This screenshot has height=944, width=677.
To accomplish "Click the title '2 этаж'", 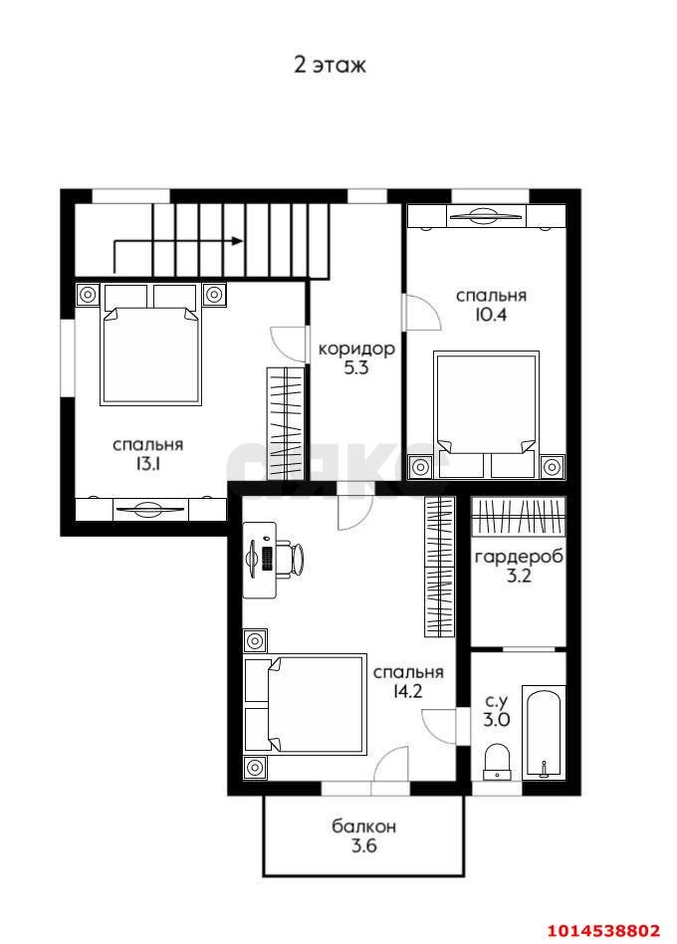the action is [330, 65].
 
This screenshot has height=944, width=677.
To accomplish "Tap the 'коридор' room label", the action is [356, 349].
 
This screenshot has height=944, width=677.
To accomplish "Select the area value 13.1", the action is [148, 464].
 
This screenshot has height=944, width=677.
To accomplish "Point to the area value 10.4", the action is [491, 315].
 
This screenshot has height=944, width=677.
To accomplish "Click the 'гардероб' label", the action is [519, 557].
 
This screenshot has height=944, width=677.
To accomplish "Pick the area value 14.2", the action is [407, 691].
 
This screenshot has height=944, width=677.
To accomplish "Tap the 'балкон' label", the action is [364, 826].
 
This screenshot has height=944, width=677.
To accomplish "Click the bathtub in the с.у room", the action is [544, 733].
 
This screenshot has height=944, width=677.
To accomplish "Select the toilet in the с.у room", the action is [497, 762].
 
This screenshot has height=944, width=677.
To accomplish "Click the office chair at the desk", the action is [296, 559].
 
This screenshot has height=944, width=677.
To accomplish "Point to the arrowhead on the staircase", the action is [238, 241].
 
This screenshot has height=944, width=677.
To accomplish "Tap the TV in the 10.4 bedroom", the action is [486, 216].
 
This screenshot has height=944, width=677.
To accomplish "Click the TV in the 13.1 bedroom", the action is [150, 509].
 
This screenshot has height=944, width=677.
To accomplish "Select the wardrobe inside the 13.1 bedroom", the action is [286, 424].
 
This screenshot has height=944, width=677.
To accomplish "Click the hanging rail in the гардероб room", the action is [518, 517].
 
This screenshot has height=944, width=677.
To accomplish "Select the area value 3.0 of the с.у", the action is [497, 719].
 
